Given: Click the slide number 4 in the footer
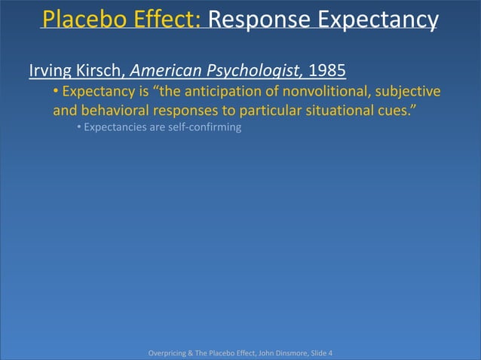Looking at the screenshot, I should (x=329, y=352).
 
